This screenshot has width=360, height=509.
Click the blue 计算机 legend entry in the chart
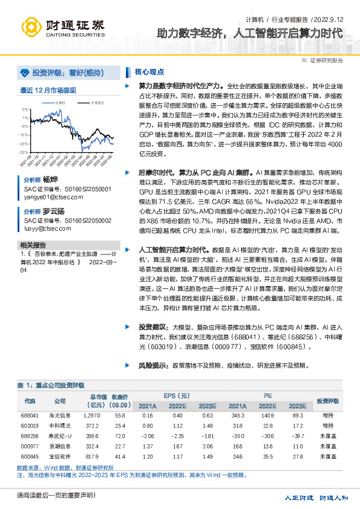57,103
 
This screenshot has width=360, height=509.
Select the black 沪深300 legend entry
94,103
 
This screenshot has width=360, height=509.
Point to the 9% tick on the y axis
24,109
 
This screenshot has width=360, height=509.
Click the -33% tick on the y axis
23,153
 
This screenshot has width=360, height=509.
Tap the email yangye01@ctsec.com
49,196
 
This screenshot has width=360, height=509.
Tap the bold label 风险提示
151,366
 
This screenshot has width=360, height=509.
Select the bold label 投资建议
151,326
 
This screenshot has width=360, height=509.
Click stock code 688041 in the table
30,416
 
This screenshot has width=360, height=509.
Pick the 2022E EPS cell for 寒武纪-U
177,435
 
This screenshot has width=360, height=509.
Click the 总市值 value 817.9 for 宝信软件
92,455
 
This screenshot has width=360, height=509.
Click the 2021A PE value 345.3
238,416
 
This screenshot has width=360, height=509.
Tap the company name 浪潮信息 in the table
60,445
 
